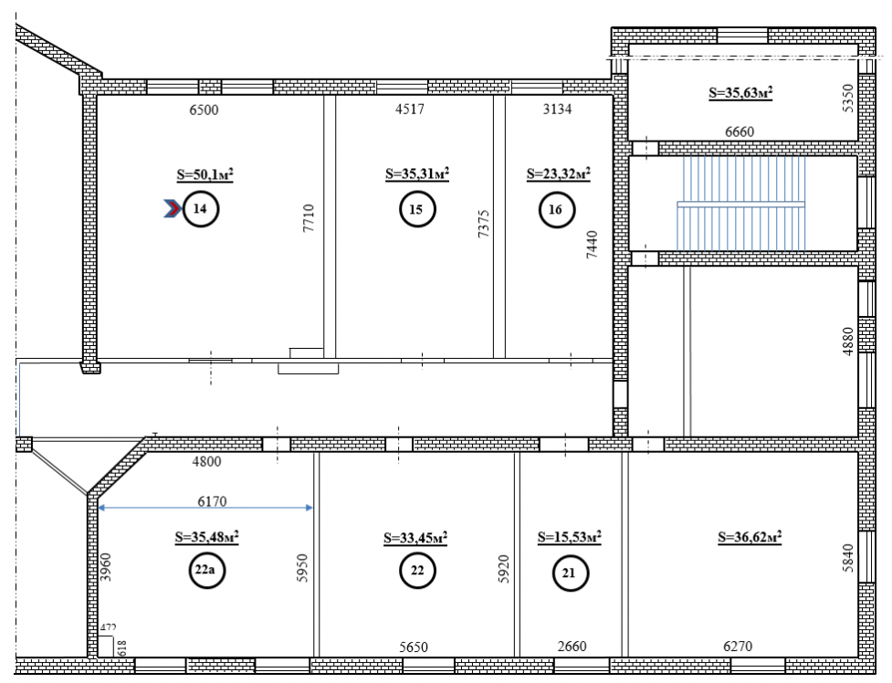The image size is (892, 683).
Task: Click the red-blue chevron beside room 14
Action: (x=173, y=209)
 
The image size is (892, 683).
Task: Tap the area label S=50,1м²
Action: (x=205, y=174)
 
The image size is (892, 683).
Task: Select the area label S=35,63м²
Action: (x=740, y=92)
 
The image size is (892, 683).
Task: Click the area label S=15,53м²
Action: (x=570, y=537)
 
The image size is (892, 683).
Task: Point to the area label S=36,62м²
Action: (x=750, y=537)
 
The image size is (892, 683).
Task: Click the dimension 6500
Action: (x=204, y=110)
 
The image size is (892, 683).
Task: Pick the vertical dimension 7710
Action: (x=309, y=218)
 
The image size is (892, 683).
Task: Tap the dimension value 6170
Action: (x=212, y=501)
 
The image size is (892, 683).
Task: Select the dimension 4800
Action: (x=206, y=461)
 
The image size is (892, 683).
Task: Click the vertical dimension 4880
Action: (x=847, y=341)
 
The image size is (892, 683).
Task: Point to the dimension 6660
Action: (x=740, y=131)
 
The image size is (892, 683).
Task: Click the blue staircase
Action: (x=740, y=204)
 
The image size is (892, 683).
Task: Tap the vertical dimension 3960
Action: (x=106, y=567)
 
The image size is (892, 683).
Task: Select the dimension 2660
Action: (x=572, y=646)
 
